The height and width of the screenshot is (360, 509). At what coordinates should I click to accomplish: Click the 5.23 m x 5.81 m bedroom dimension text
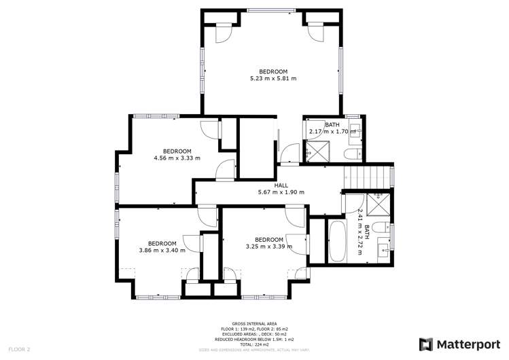click(273, 79)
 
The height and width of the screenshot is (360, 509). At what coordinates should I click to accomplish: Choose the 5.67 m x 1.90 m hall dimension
click(281, 192)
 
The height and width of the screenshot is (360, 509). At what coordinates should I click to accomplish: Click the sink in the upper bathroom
click(354, 132)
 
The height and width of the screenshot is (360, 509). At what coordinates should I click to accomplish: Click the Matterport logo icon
click(425, 344)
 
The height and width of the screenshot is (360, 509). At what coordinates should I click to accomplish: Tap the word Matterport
click(463, 344)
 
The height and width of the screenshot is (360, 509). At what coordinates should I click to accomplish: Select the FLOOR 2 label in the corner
click(19, 349)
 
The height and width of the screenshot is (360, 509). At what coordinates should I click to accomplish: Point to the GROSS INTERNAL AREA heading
click(253, 324)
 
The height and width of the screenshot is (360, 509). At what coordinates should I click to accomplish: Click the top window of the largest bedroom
click(271, 10)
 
